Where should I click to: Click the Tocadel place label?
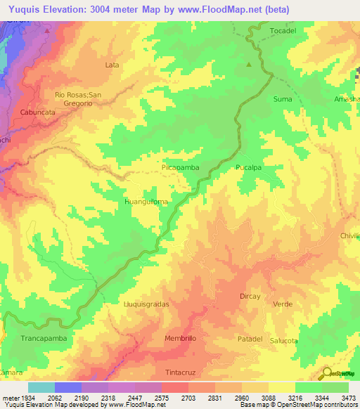[x=284, y=32]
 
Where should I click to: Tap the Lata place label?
[x=111, y=65]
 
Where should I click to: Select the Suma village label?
[x=283, y=99]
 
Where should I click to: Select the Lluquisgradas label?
[x=146, y=304]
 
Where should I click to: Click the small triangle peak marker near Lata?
[x=249, y=65]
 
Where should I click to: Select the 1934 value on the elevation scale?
[x=28, y=398]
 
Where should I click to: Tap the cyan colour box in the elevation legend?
[x=41, y=387]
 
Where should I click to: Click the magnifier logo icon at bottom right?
[x=327, y=375]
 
